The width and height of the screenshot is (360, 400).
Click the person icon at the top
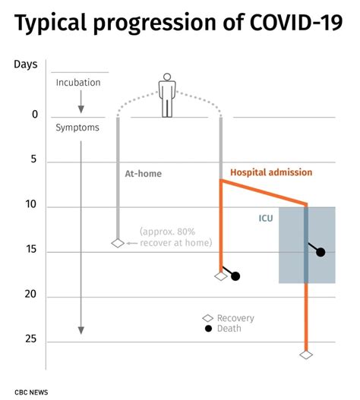[x=167, y=96]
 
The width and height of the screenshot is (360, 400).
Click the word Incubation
[x=77, y=82]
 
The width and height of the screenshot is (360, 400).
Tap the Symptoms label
[x=77, y=128]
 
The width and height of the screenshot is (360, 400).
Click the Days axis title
[x=26, y=63]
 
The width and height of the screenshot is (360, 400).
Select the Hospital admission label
[x=270, y=172]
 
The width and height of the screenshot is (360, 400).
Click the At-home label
[x=143, y=174]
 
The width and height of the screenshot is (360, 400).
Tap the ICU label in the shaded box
[x=265, y=219]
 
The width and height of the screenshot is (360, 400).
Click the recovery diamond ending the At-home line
[x=118, y=243]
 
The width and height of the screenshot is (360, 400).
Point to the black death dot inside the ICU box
[x=321, y=252]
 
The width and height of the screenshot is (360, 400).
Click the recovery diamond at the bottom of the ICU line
[x=306, y=354]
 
